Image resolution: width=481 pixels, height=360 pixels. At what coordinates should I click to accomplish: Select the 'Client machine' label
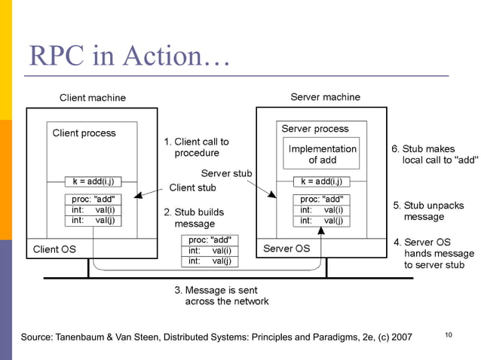click(x=93, y=98)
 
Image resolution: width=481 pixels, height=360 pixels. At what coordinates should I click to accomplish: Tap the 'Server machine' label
click(x=325, y=97)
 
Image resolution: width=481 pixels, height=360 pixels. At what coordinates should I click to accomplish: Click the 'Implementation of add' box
click(x=322, y=154)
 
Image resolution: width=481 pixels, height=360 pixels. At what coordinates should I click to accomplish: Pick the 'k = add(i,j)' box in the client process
click(x=93, y=182)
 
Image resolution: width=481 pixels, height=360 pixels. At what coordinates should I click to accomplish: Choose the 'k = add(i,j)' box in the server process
click(x=321, y=182)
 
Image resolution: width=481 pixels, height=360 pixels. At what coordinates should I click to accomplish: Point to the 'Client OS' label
click(x=54, y=249)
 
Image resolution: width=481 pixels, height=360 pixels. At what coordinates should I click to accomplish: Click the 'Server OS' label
click(x=286, y=249)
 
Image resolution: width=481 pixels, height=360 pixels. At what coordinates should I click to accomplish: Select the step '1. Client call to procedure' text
click(x=197, y=147)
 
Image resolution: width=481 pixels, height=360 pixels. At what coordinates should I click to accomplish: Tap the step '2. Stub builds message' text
click(x=194, y=218)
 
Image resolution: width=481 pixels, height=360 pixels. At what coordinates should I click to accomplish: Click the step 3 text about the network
click(x=221, y=295)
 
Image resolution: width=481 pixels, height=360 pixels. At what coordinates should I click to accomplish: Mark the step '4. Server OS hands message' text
click(x=434, y=254)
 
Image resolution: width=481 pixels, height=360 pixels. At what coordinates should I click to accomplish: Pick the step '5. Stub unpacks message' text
click(x=429, y=211)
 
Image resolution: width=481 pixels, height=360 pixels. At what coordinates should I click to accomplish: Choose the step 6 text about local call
click(x=434, y=154)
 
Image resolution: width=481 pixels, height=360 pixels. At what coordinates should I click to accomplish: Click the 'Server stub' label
click(x=226, y=174)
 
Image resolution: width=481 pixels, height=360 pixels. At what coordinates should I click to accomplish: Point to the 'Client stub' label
click(x=192, y=188)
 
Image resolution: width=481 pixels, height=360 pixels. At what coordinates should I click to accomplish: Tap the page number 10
click(x=448, y=334)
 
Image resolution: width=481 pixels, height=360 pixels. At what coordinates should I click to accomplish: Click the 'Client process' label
click(x=84, y=133)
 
